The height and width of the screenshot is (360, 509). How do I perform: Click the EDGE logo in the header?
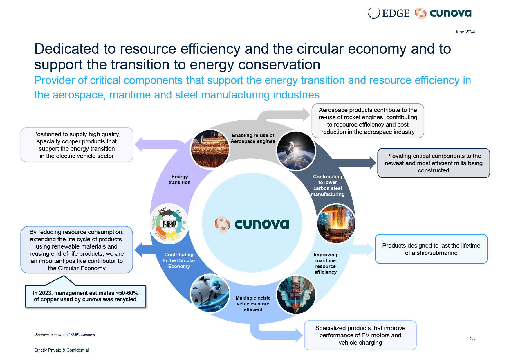389,13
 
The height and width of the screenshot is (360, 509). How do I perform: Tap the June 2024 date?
465,32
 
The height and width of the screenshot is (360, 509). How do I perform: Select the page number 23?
472,339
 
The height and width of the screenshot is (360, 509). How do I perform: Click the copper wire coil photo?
210,149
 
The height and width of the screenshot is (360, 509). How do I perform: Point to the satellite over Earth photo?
296,151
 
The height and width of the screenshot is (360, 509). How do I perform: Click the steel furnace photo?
336,223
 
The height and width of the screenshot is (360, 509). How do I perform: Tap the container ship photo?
296,294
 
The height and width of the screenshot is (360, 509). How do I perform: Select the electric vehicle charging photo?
210,294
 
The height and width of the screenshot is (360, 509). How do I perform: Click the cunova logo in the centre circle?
252,224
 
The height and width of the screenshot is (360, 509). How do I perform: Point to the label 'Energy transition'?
180,179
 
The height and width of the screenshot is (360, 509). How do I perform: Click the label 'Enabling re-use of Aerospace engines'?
253,138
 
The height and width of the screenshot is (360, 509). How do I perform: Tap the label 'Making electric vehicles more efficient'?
253,304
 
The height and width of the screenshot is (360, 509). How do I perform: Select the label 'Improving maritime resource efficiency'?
326,263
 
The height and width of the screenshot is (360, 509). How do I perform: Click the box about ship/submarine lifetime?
431,249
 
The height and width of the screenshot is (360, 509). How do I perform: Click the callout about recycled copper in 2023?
85,296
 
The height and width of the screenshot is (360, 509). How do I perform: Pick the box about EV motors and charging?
360,335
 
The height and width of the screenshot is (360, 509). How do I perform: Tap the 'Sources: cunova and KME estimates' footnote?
65,335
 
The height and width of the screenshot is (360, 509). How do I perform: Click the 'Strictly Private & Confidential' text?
62,350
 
